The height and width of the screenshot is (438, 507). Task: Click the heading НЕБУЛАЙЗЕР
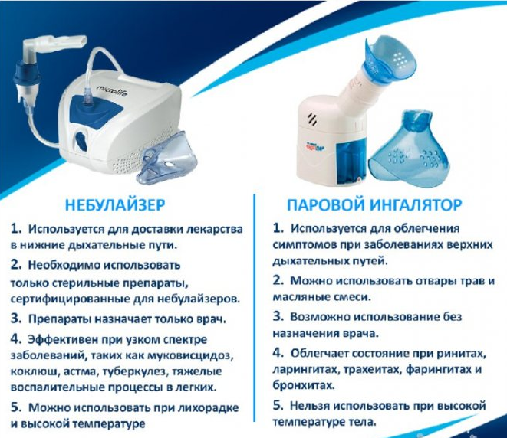(115, 205)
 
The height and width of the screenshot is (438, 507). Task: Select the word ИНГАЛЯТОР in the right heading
(416, 205)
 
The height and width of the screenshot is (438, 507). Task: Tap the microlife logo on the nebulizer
(114, 90)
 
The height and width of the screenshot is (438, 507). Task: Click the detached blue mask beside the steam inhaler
(409, 149)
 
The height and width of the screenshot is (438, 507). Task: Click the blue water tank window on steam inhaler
(351, 163)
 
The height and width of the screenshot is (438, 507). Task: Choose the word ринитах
(462, 354)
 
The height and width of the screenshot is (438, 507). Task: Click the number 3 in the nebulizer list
(15, 319)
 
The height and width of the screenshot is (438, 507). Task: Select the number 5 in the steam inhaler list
(277, 405)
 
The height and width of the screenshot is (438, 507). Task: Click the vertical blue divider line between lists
(255, 309)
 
